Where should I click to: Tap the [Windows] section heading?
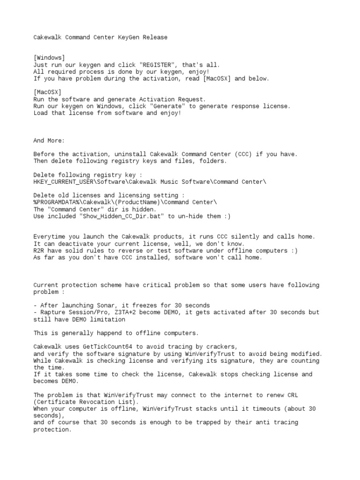tap(49, 58)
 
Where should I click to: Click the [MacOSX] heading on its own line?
tap(47, 92)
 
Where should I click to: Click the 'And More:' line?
tap(49, 140)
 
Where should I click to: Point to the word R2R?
tap(39, 250)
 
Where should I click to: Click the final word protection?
tap(52, 429)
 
